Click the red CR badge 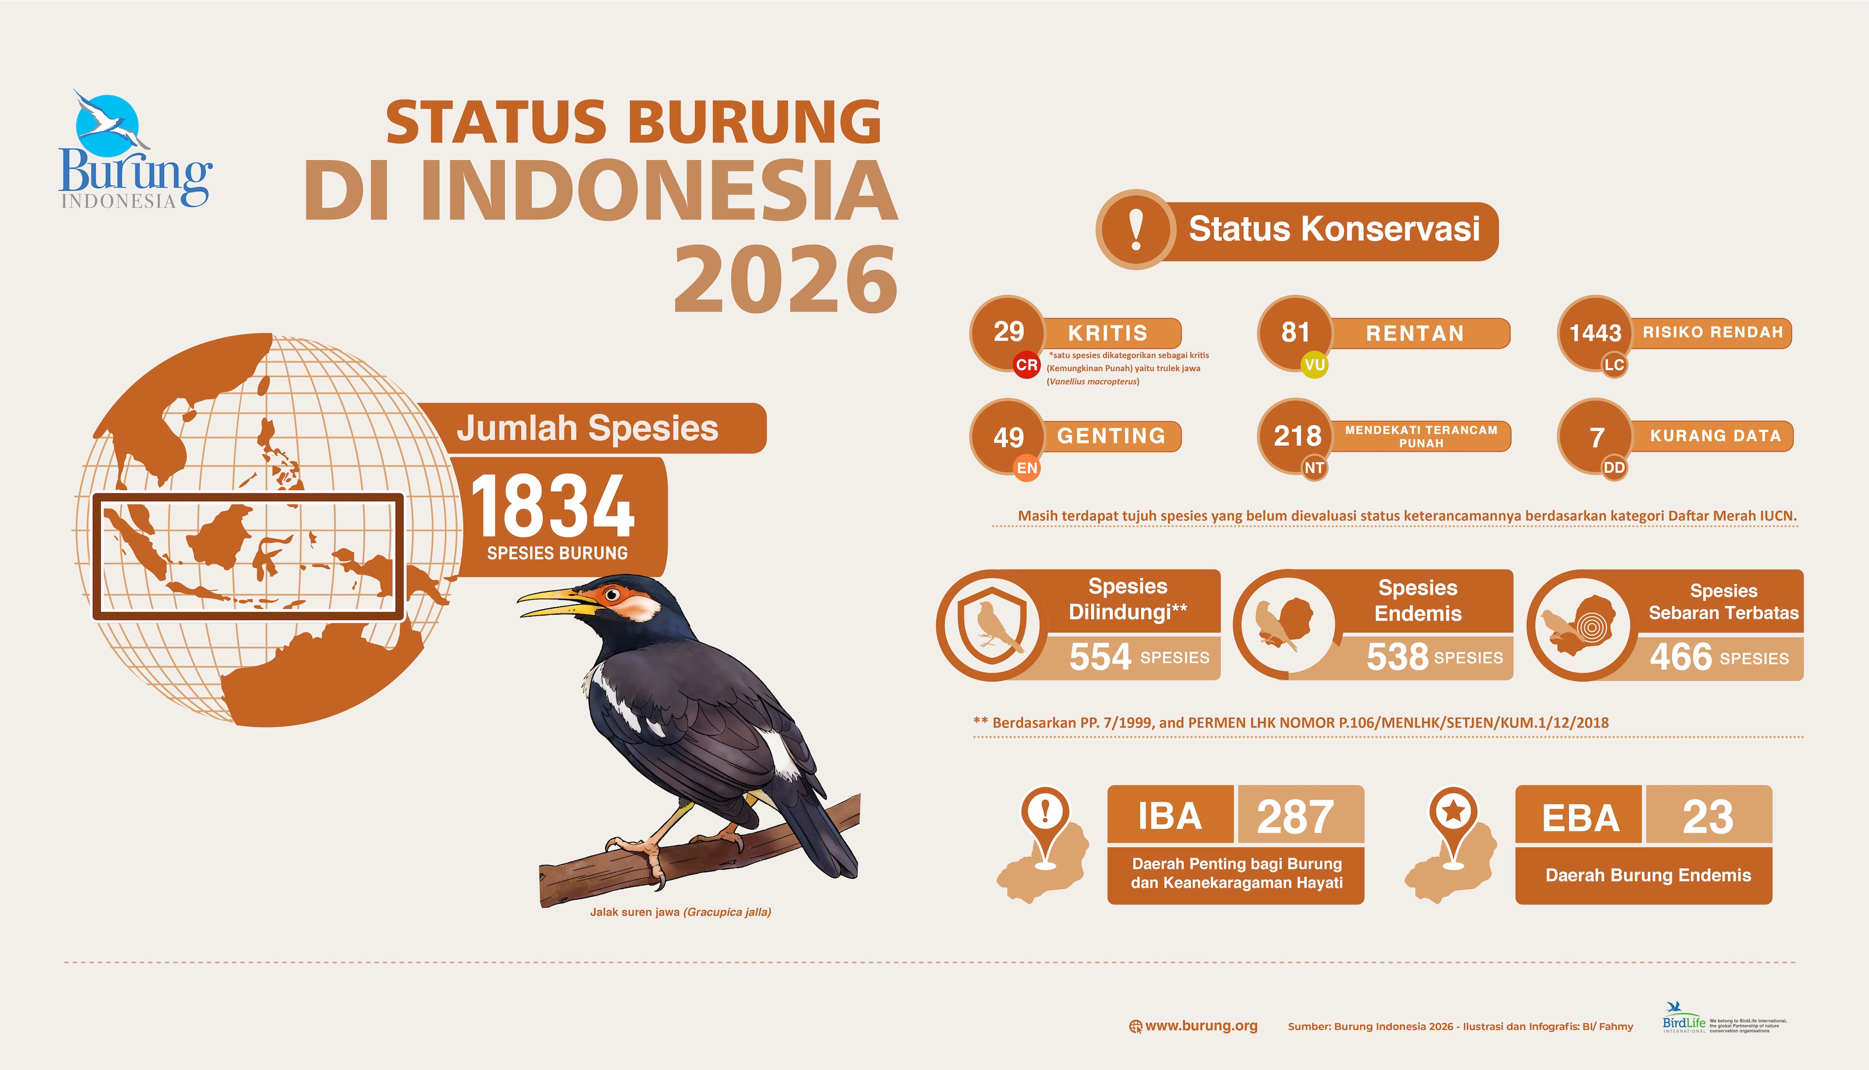pos(1027,365)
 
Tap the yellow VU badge pos(1314,365)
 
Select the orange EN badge pos(1027,468)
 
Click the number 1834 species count pos(552,505)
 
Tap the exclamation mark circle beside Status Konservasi pos(1135,229)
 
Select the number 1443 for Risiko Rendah pos(1595,333)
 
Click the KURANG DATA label pos(1715,436)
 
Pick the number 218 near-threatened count pos(1298,436)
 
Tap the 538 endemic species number pos(1397,657)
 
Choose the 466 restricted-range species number pos(1681,657)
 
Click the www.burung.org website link pos(1201,1026)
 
